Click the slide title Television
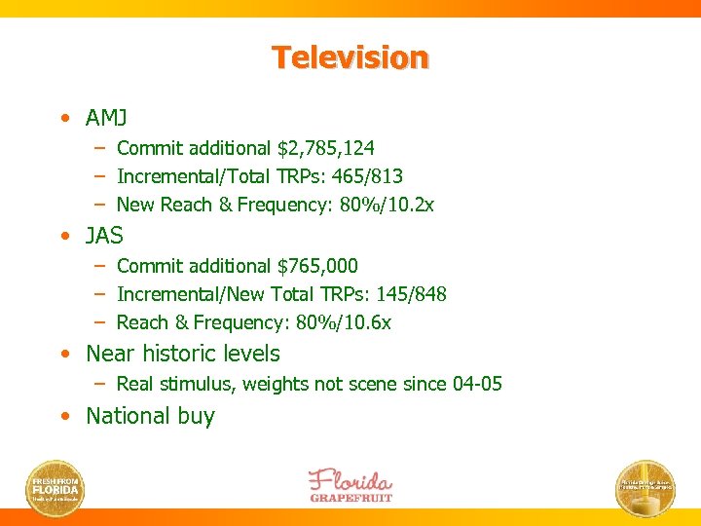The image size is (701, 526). pos(350,57)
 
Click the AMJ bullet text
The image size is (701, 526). pos(106,118)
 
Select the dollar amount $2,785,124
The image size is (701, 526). pos(326,148)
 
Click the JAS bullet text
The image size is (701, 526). pos(104,236)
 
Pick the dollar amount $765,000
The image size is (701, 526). pos(317,266)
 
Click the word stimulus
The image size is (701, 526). pos(199,384)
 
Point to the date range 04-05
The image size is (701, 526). pos(477,384)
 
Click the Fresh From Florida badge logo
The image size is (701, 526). pos(55,487)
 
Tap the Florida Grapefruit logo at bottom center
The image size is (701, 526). pos(350,484)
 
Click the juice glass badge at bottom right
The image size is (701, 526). pos(646,487)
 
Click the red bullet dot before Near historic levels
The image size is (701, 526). pos(63,355)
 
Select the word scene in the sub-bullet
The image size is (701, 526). pos(373,384)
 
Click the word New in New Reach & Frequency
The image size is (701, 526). pos(133,205)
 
